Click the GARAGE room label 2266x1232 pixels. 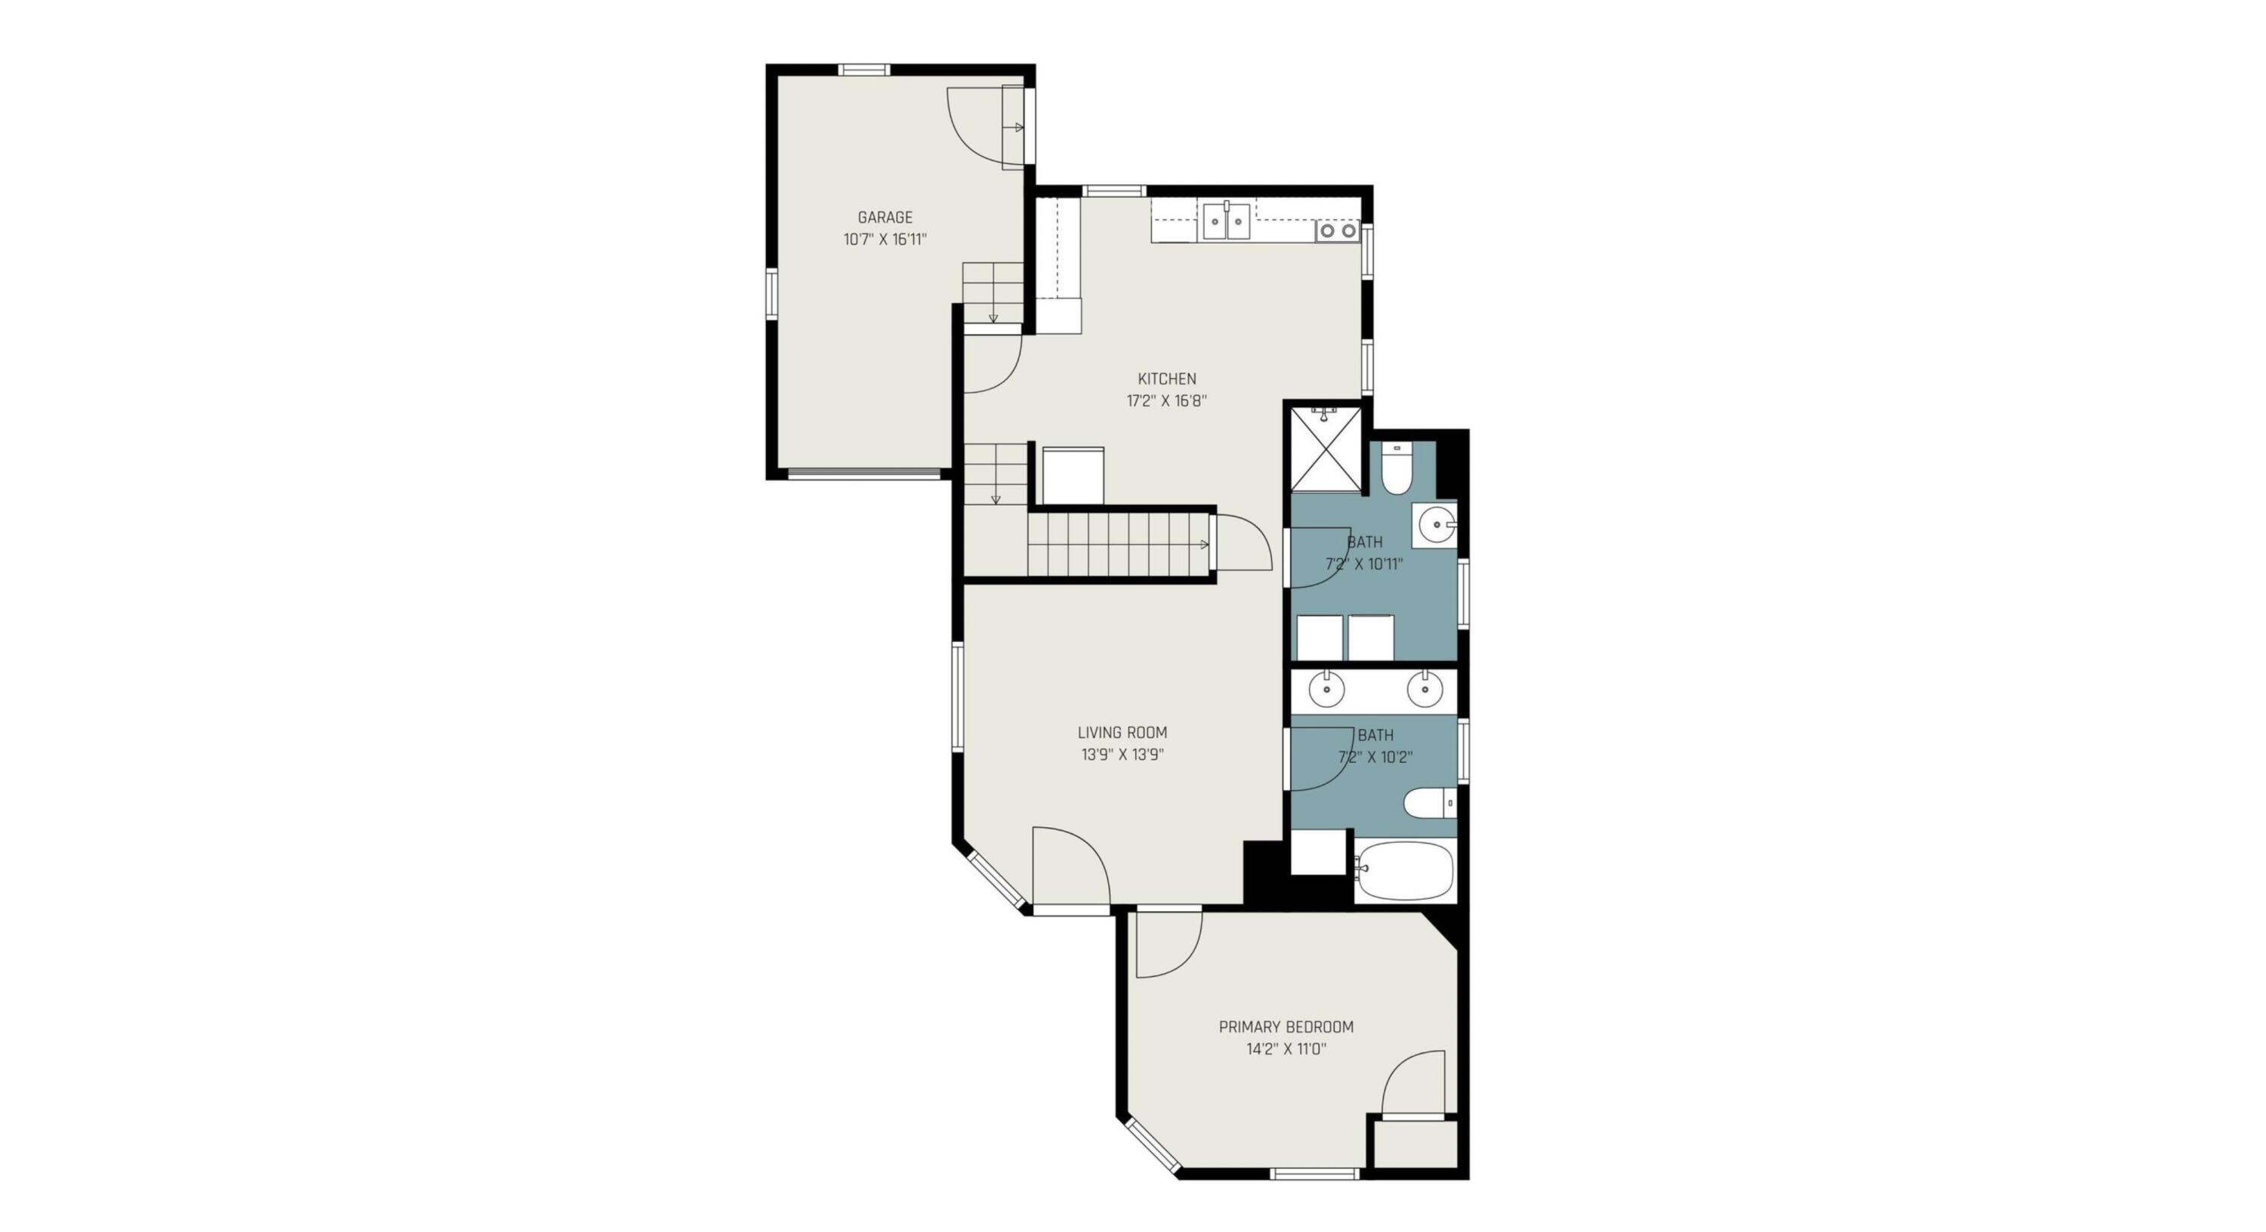coord(885,217)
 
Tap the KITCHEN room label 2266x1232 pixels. coord(1166,378)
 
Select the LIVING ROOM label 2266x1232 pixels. coord(1122,732)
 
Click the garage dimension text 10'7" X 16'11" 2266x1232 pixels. coord(885,239)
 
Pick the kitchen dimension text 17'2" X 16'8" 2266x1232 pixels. coord(1166,401)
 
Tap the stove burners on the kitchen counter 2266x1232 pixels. coord(1337,231)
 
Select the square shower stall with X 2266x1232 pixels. coord(1325,449)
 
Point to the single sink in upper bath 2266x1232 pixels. coord(1434,526)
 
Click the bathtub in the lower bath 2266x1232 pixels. coord(1405,870)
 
